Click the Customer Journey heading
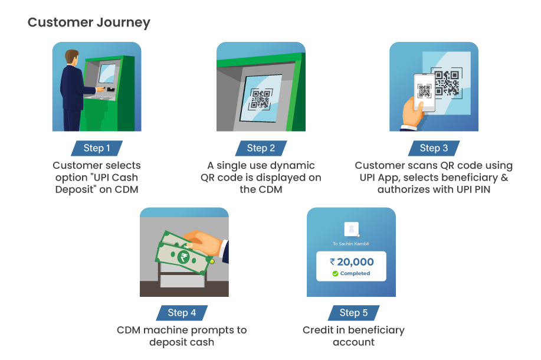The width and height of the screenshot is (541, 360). tap(88, 22)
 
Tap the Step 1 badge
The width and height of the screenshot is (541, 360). tap(97, 148)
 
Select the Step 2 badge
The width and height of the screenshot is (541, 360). tap(261, 148)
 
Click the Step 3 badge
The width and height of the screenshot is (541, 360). tap(434, 148)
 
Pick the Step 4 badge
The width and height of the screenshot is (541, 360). tap(182, 313)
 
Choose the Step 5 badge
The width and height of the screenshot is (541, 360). tap(353, 313)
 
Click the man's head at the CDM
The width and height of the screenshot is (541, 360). tap(71, 58)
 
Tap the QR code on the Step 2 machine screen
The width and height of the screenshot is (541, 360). tap(261, 99)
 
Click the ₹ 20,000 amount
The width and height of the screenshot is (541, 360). tap(352, 261)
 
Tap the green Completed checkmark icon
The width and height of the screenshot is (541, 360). tap(335, 274)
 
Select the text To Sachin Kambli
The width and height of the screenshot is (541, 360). tap(351, 243)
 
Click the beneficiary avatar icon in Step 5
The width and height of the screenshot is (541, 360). tap(352, 228)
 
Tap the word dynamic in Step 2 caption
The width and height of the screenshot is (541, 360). tap(294, 166)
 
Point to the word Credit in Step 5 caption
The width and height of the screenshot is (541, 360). tap(318, 330)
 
